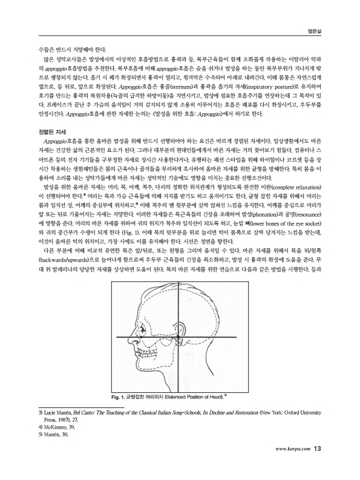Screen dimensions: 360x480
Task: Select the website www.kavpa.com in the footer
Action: pyautogui.click(x=293, y=449)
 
